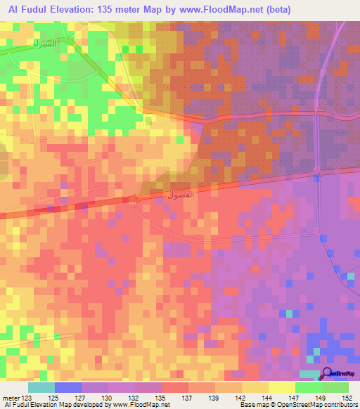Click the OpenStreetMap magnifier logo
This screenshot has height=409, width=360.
[328, 375]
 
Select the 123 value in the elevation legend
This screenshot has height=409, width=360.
[29, 398]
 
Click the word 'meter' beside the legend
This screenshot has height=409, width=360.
[11, 398]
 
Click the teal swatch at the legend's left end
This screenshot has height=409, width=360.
[41, 387]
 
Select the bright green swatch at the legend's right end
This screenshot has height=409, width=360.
[335, 387]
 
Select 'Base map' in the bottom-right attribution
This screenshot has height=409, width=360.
[254, 405]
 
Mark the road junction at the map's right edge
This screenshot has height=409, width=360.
[317, 172]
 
